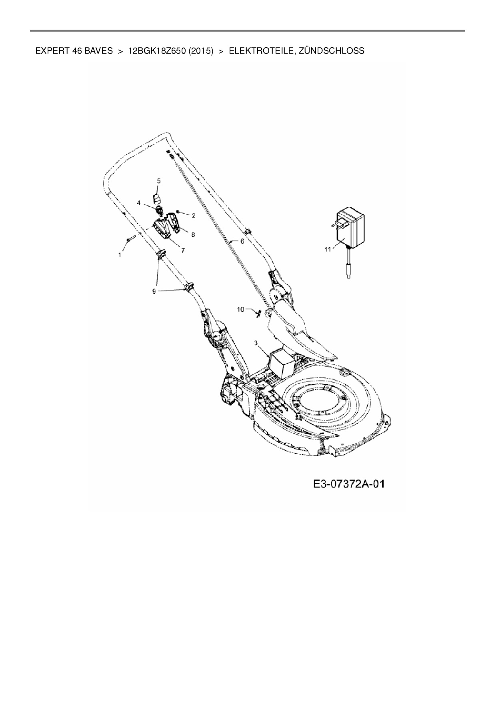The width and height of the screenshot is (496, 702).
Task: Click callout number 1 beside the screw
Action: pyautogui.click(x=120, y=255)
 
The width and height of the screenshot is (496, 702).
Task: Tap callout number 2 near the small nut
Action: pyautogui.click(x=193, y=216)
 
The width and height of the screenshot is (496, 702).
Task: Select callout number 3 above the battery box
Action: pyautogui.click(x=256, y=343)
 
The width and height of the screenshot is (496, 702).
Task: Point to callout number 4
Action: pyautogui.click(x=139, y=203)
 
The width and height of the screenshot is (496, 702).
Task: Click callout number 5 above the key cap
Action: pyautogui.click(x=158, y=181)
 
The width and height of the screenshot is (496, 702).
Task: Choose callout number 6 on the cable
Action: pyautogui.click(x=242, y=241)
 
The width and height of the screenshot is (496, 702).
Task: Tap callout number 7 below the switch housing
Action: pyautogui.click(x=182, y=250)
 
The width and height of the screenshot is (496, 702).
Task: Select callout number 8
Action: pyautogui.click(x=193, y=235)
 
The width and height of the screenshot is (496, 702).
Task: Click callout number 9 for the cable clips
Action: pyautogui.click(x=154, y=291)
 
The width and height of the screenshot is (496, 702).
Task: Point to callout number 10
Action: pyautogui.click(x=240, y=309)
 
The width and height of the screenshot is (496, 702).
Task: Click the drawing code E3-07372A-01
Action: pyautogui.click(x=349, y=484)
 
